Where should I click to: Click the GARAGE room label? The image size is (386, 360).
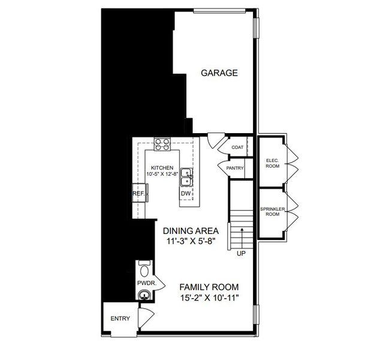(x=219, y=73)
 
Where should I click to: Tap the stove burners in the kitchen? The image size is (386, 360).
(x=162, y=144)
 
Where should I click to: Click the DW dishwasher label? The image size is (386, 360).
(x=186, y=193)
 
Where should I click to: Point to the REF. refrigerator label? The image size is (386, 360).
(x=138, y=194)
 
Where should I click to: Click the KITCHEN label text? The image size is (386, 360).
(x=162, y=167)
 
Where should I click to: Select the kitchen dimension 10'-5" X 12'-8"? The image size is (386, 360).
(x=162, y=175)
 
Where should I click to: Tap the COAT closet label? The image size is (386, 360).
(x=237, y=148)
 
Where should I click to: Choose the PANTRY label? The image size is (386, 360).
(x=234, y=169)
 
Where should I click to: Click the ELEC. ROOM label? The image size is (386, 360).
(x=272, y=163)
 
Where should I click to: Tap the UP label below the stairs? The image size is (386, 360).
(x=241, y=253)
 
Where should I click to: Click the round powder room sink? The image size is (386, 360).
(x=144, y=294)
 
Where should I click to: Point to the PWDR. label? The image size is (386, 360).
(x=144, y=281)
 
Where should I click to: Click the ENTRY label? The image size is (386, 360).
(x=120, y=318)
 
